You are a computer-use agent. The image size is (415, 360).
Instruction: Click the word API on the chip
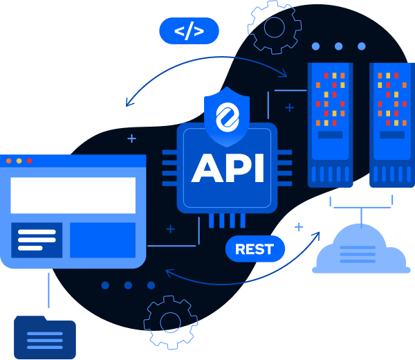(x=228, y=168)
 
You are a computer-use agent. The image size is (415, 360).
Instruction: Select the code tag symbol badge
(x=189, y=31)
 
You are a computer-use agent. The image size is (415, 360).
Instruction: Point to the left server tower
(x=330, y=125)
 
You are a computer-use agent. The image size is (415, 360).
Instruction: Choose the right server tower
(x=392, y=125)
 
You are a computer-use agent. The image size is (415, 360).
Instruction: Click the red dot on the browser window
(x=9, y=161)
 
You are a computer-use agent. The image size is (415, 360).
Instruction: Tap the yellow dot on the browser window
(x=19, y=161)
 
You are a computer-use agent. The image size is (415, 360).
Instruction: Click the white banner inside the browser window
(x=73, y=195)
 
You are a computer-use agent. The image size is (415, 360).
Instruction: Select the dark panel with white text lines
(x=37, y=240)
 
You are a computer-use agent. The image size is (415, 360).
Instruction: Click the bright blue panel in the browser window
(x=102, y=240)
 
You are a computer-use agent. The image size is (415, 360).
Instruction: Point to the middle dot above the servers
(x=338, y=46)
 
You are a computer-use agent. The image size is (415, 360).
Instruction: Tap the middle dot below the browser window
(x=128, y=285)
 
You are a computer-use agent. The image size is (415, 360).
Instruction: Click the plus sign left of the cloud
(x=299, y=226)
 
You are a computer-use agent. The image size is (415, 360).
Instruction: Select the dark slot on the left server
(x=330, y=134)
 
